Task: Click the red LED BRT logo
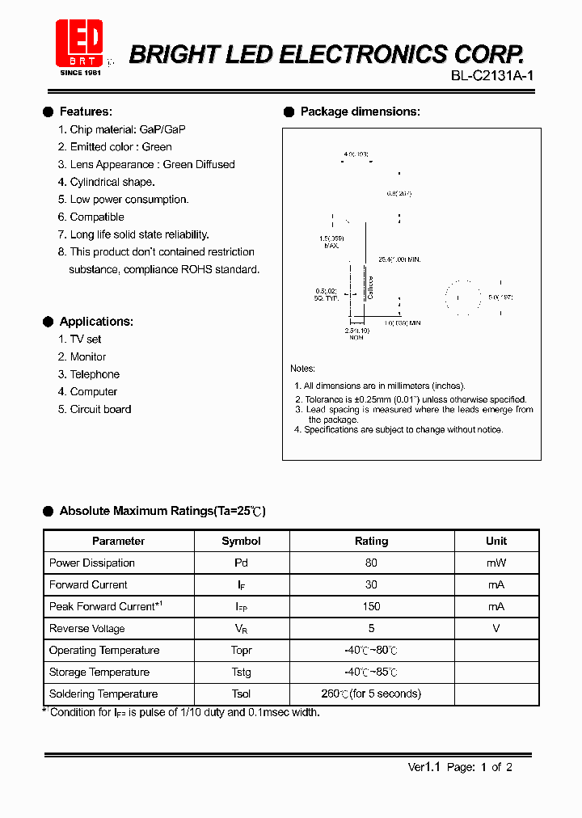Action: (79, 44)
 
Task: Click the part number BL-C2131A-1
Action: (492, 76)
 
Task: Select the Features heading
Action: (86, 112)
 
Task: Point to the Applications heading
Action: (96, 322)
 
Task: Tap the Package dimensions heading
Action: (360, 112)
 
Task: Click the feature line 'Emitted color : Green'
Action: (115, 147)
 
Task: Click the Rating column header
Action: (372, 541)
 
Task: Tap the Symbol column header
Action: (241, 541)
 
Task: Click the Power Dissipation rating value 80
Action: (372, 563)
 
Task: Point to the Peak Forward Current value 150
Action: (372, 606)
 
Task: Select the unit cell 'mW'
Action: (496, 563)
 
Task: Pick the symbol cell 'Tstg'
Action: (241, 672)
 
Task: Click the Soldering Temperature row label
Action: (103, 694)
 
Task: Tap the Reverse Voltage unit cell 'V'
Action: (496, 628)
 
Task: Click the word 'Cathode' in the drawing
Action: (371, 288)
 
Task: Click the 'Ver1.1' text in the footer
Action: (423, 767)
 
